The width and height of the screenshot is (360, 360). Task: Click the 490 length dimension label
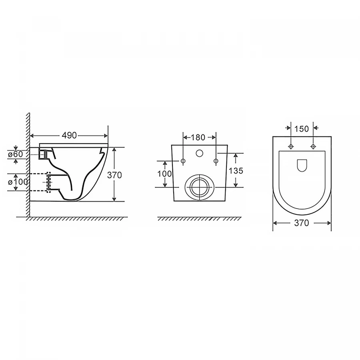coord(69,136)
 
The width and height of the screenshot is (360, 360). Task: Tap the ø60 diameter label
coord(16,154)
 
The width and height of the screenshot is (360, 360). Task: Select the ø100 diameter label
coord(18,182)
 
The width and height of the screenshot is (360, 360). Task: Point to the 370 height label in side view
coord(114,175)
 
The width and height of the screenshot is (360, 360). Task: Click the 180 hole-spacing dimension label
coord(198,137)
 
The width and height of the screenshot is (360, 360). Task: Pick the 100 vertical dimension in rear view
coord(164,174)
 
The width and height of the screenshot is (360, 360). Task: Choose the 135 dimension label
coord(236,171)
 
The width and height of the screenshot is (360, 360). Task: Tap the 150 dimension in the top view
coord(302,129)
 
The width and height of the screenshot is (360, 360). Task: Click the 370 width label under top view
coord(302,223)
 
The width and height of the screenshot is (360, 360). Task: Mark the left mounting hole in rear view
coord(183,161)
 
